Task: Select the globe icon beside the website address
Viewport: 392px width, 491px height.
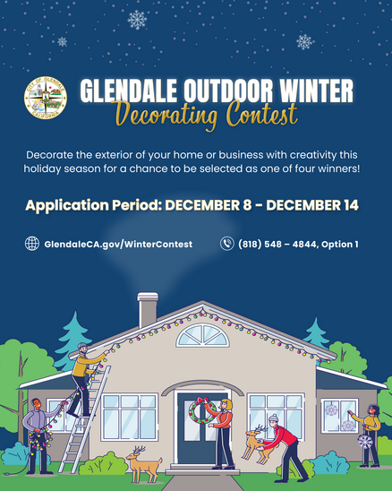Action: (32, 244)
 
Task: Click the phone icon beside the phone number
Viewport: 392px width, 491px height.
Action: (227, 244)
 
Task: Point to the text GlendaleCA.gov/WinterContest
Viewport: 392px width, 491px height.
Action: (117, 244)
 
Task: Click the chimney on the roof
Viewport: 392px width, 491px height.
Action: (148, 310)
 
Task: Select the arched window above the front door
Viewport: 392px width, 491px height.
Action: (202, 336)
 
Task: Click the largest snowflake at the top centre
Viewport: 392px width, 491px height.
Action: (137, 19)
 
